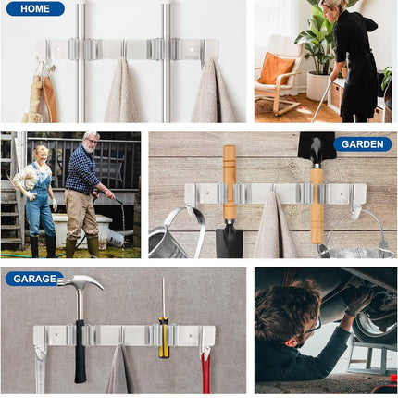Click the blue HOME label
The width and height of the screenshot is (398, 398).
click(x=35, y=9)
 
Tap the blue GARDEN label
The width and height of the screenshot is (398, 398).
click(x=362, y=144)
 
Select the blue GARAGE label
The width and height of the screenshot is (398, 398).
click(x=35, y=279)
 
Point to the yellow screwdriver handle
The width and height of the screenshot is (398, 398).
click(x=164, y=337)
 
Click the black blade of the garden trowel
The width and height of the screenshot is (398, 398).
click(x=229, y=239)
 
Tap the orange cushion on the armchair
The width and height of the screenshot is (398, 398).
click(x=276, y=68)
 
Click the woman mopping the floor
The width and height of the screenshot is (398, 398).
click(x=354, y=60)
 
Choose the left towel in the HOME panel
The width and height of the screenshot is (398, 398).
click(x=119, y=93)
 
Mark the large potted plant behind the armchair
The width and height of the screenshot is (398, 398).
click(x=318, y=42)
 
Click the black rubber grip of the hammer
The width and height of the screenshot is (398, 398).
click(x=81, y=352)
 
